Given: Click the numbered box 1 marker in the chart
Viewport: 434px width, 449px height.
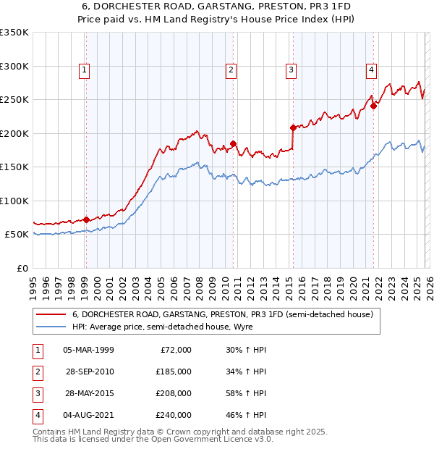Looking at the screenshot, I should (x=85, y=70).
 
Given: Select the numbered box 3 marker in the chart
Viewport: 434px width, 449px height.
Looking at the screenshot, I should (x=290, y=70).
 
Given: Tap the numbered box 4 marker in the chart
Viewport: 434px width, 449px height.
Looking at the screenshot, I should (x=371, y=70).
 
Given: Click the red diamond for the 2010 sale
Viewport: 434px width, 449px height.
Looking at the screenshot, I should (x=234, y=143).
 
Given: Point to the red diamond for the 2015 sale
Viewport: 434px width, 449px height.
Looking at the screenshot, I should (x=293, y=127).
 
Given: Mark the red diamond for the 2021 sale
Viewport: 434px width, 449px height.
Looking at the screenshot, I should (x=374, y=106).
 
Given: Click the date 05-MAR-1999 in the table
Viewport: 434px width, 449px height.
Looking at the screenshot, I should (x=88, y=350).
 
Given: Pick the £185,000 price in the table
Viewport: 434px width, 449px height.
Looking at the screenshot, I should (x=174, y=372).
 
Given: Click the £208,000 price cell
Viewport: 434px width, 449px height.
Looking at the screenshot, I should (x=174, y=393).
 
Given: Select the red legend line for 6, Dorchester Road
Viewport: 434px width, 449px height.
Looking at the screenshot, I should (x=51, y=315).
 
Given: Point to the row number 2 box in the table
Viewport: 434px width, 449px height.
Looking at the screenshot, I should (x=36, y=372).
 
